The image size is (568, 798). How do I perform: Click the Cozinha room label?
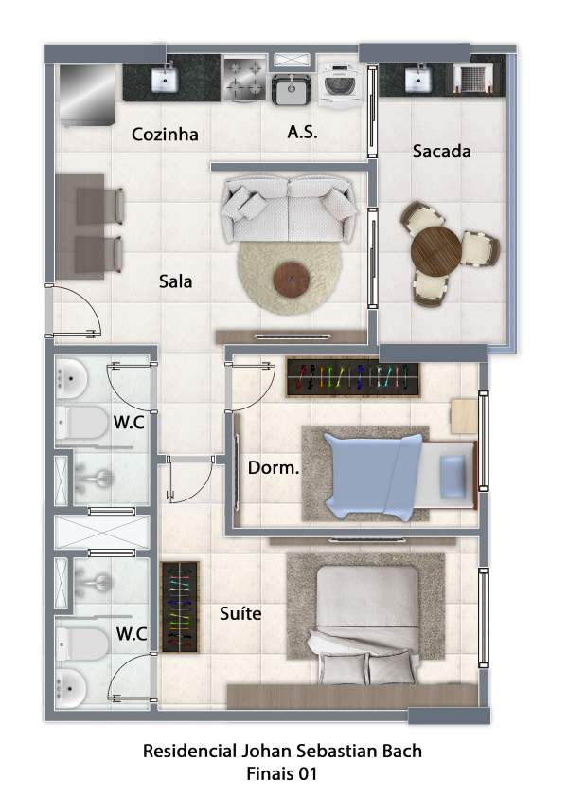[x=165, y=135]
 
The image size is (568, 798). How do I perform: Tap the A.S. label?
[x=303, y=133]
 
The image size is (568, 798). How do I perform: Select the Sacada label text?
[x=441, y=151]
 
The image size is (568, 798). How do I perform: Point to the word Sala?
[x=175, y=281]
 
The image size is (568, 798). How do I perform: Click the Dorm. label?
[x=274, y=467]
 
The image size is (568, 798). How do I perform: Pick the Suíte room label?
[x=240, y=613]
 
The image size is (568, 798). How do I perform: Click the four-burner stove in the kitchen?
[x=245, y=79]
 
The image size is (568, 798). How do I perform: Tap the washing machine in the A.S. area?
[x=340, y=84]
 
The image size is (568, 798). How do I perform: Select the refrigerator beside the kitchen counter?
[x=87, y=95]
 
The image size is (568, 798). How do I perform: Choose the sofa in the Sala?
[x=289, y=209]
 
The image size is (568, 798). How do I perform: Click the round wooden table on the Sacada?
[x=435, y=251]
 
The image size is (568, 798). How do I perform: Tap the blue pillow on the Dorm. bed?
[x=453, y=477]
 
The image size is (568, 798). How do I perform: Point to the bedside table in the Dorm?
[x=464, y=416]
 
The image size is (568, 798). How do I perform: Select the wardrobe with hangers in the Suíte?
[x=180, y=607]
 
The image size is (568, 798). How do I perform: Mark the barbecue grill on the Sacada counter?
[x=473, y=78]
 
